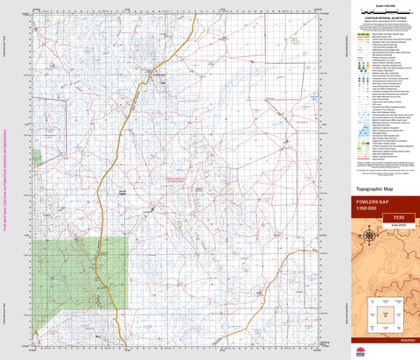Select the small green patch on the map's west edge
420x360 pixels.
click(x=36, y=157)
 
